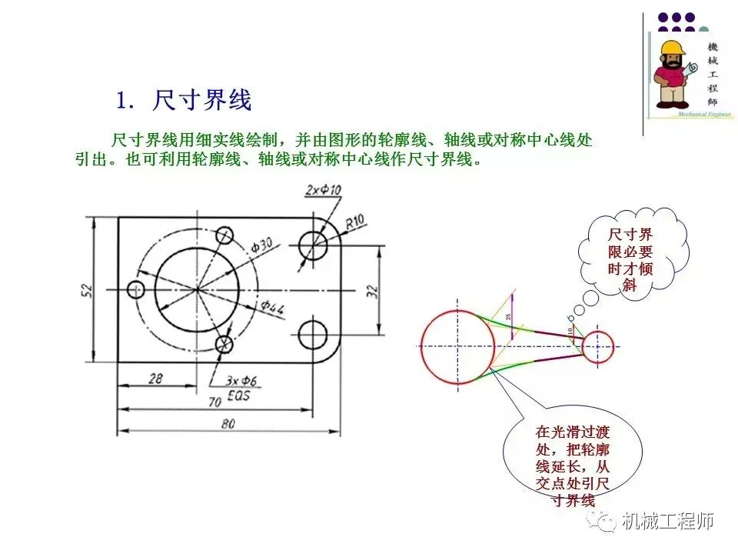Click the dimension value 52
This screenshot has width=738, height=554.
[87, 289]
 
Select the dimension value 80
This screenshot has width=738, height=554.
[228, 423]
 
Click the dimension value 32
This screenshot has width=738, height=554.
[372, 290]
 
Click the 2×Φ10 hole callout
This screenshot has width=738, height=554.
[323, 190]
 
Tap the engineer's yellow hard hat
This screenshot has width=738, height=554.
[673, 48]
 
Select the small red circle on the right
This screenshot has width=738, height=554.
[597, 346]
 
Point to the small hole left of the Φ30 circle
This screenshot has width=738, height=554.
[138, 289]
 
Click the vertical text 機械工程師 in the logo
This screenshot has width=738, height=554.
[712, 75]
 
